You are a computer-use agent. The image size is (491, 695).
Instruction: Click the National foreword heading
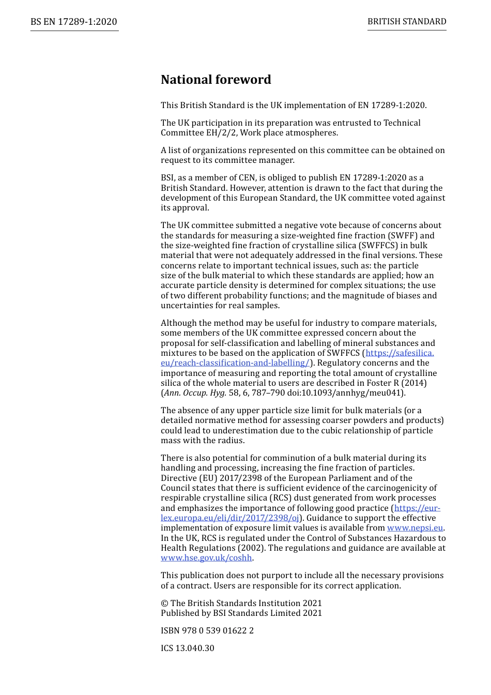tap(216, 80)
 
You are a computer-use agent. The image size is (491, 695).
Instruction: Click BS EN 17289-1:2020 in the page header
tap(74, 22)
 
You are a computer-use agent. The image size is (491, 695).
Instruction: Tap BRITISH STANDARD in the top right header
tap(407, 22)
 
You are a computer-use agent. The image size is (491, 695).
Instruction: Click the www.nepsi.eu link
tap(415, 528)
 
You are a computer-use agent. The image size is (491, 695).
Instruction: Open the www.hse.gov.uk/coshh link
tap(206, 558)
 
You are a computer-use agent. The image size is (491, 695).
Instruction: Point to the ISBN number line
tap(207, 631)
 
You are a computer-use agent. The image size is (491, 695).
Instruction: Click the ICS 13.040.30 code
tap(187, 648)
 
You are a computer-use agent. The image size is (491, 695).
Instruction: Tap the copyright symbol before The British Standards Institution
tap(164, 603)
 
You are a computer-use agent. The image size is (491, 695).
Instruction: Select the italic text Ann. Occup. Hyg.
tap(195, 393)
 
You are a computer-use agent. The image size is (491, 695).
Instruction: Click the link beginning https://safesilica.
tap(400, 353)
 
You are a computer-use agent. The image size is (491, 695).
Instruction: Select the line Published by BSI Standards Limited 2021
tap(241, 613)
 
